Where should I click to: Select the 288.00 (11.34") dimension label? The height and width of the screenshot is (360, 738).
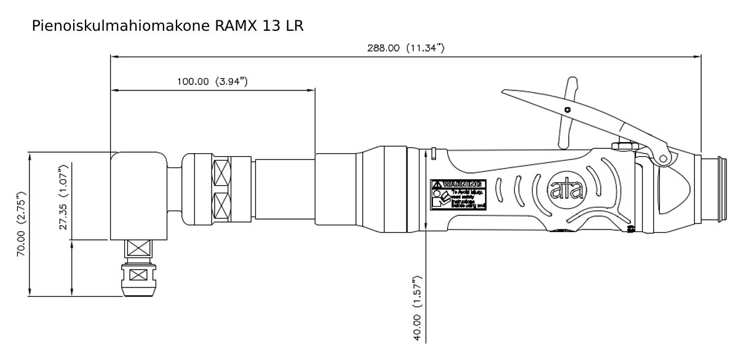pyautogui.click(x=406, y=49)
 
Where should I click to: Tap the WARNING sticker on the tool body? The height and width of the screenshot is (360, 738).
pyautogui.click(x=458, y=196)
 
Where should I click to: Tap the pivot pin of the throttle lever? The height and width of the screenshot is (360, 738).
pyautogui.click(x=664, y=158)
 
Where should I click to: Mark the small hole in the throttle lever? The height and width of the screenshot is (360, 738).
pyautogui.click(x=567, y=110)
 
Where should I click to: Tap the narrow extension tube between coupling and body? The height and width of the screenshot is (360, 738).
pyautogui.click(x=284, y=188)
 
